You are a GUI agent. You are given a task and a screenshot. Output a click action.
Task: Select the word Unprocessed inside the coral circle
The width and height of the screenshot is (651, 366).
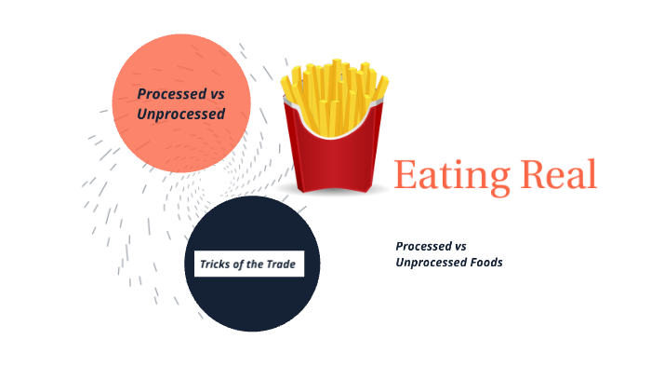click(180, 114)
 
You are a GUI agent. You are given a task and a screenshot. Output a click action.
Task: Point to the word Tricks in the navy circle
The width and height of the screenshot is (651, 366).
click(215, 264)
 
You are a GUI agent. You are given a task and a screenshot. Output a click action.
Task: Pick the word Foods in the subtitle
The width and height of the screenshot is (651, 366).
click(485, 263)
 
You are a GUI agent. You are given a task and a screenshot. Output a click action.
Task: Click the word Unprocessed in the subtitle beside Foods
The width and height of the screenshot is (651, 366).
click(430, 263)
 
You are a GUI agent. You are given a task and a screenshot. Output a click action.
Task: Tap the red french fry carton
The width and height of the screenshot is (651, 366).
click(336, 158)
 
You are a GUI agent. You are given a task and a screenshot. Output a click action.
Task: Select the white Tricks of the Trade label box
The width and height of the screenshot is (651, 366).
click(248, 264)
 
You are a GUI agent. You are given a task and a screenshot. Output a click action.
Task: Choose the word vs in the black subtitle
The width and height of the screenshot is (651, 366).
click(458, 246)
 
